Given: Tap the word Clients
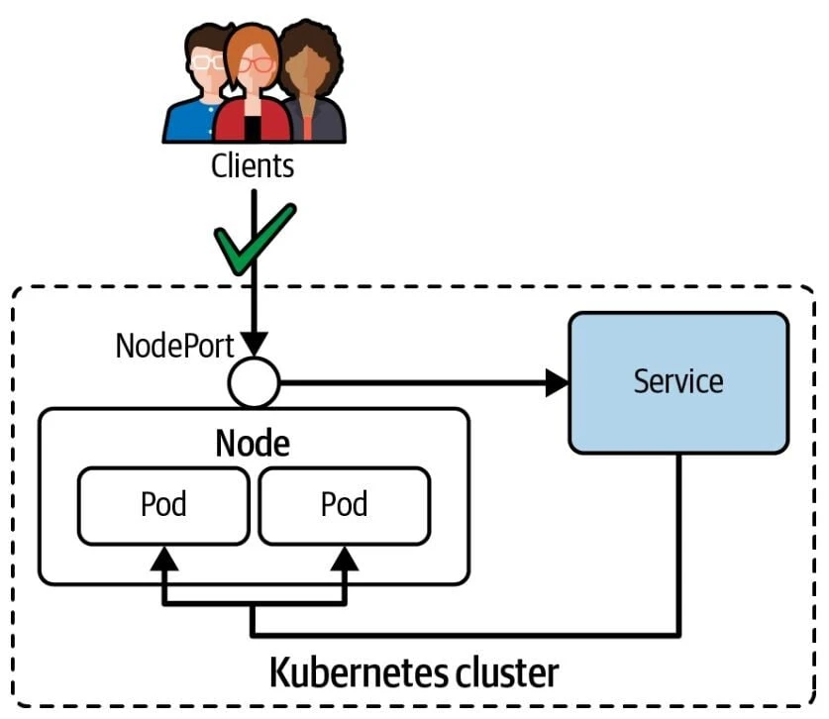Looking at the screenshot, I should pyautogui.click(x=253, y=165).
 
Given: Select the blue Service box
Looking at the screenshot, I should pyautogui.click(x=678, y=382).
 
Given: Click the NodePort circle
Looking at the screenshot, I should pyautogui.click(x=254, y=382).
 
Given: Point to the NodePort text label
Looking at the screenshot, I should pyautogui.click(x=174, y=346).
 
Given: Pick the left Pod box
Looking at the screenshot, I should pyautogui.click(x=163, y=505).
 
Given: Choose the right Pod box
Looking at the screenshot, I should pyautogui.click(x=344, y=505).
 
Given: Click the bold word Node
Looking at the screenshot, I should pyautogui.click(x=253, y=444).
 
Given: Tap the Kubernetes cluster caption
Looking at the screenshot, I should pyautogui.click(x=414, y=673).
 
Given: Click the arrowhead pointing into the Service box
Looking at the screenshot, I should pyautogui.click(x=558, y=382).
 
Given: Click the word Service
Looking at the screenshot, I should pyautogui.click(x=678, y=382).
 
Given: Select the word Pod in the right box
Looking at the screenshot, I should pyautogui.click(x=344, y=505).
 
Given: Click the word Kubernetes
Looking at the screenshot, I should pyautogui.click(x=344, y=673).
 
